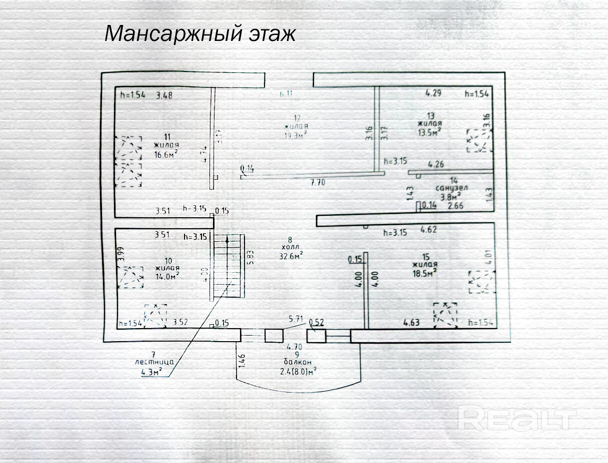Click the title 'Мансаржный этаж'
coord(200,34)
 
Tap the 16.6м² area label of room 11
coord(167,154)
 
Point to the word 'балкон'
coord(297,362)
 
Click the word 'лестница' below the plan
coord(153,362)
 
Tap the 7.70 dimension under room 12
coord(317,182)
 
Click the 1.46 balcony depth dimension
coord(242,361)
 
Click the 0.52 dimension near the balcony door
coord(317,322)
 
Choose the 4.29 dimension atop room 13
coord(433,92)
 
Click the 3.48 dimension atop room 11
coord(164,95)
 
